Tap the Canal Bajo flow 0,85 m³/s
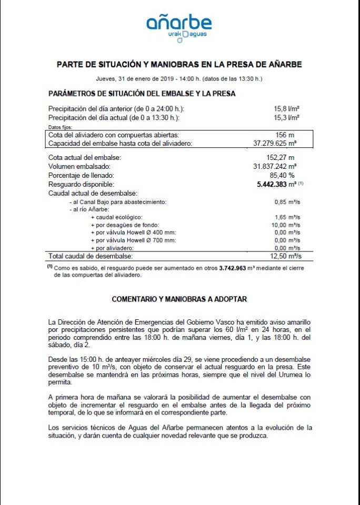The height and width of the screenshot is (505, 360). pos(287,202)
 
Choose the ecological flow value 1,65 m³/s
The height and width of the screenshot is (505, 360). pos(287,217)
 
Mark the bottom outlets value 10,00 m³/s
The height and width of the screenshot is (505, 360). pos(285,225)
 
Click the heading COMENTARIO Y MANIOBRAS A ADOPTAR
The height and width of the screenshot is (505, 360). pos(179,299)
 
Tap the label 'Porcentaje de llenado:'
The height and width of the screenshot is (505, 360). pos(81,175)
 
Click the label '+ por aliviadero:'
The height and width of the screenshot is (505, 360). pos(113,248)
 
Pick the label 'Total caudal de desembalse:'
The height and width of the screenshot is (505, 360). pos(91,256)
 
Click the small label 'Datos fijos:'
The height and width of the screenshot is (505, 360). pos(59,127)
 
